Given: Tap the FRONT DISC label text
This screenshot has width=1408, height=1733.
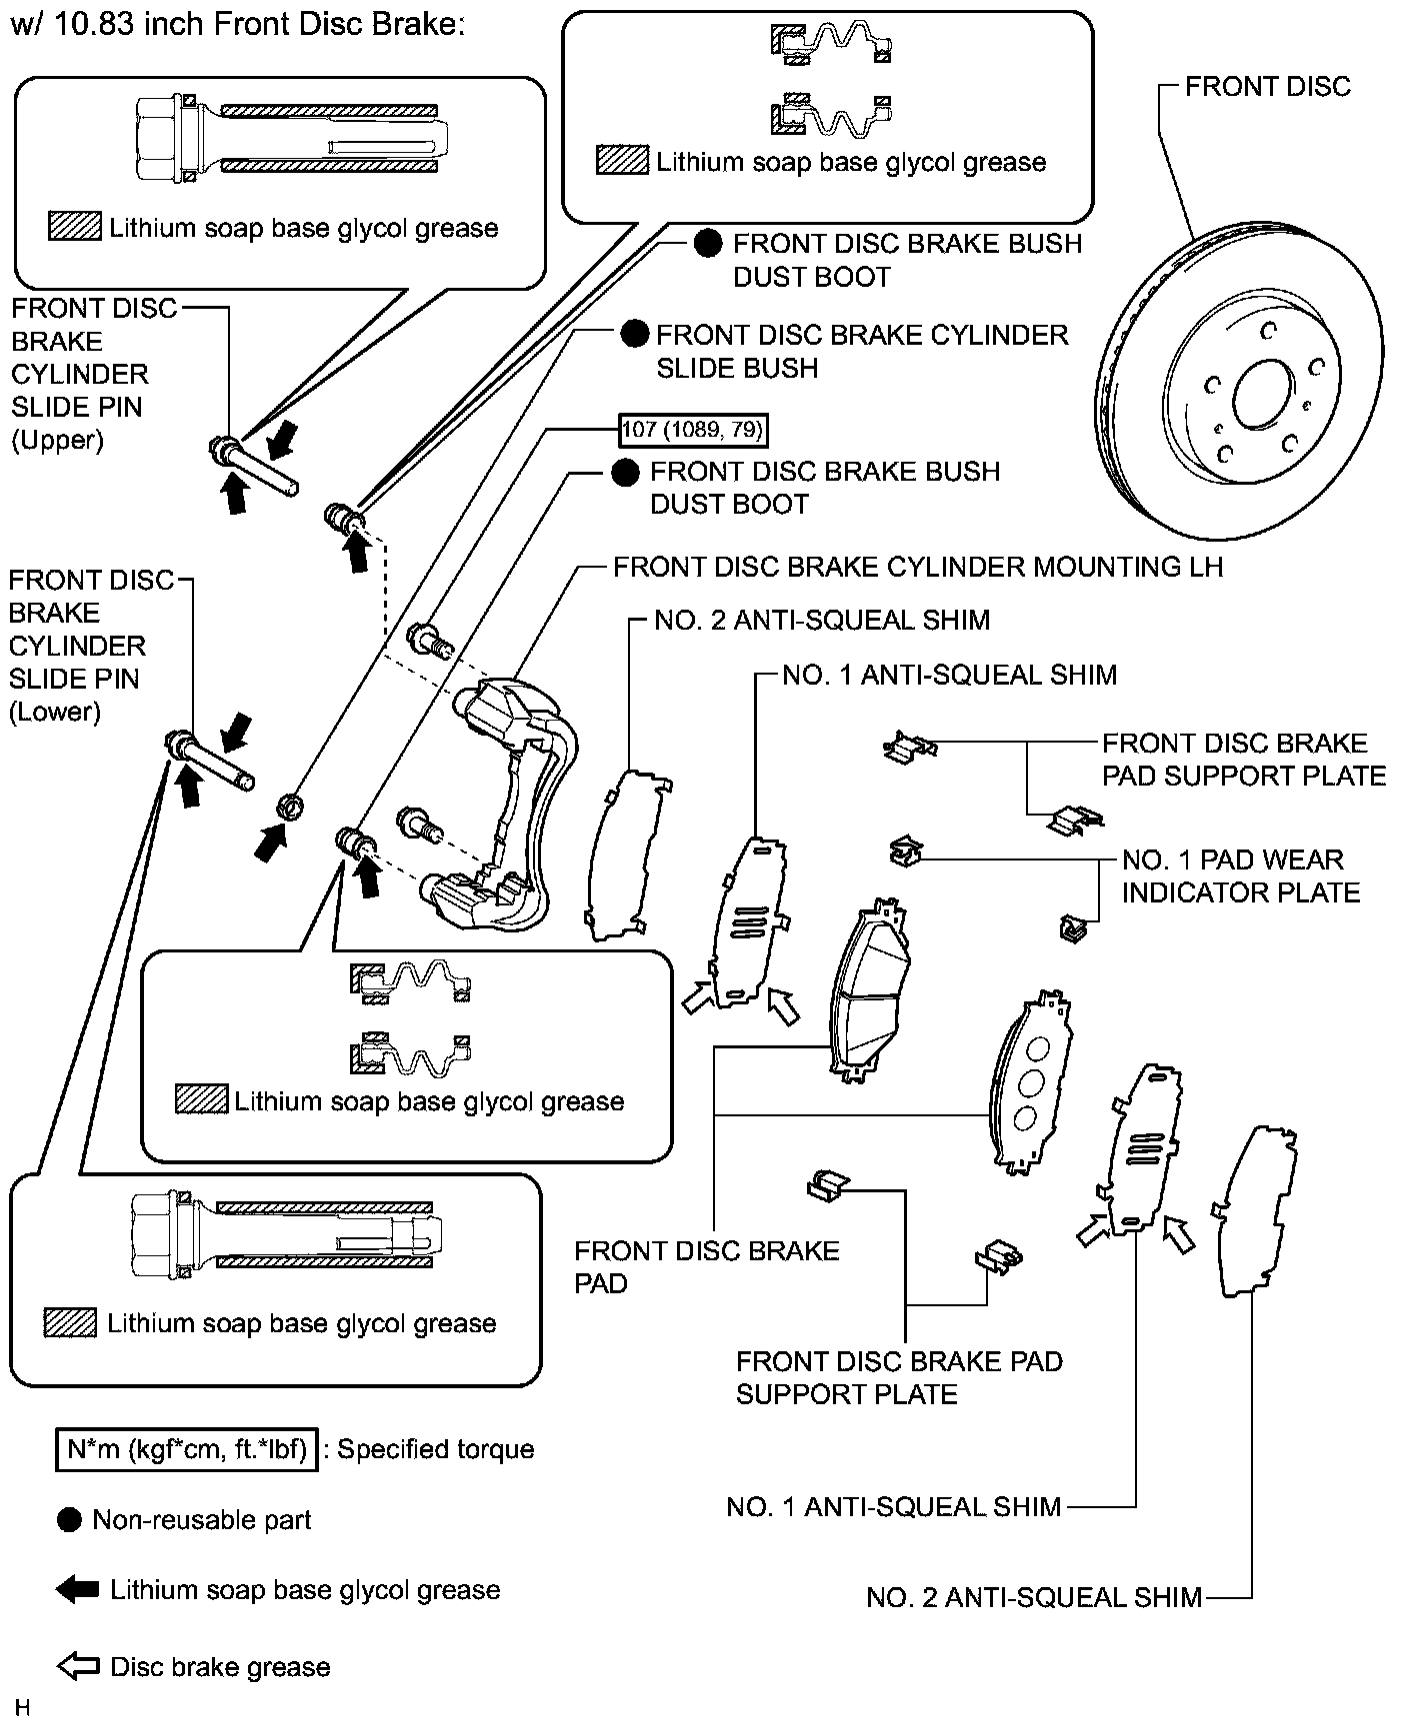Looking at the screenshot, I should click(1267, 87).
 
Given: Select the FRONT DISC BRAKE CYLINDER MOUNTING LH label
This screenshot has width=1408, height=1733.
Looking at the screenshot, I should click(917, 567).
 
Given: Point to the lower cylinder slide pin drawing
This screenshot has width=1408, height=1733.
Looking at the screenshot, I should click(212, 761).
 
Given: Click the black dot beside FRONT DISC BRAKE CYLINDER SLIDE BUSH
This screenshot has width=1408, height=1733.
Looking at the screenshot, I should click(635, 335).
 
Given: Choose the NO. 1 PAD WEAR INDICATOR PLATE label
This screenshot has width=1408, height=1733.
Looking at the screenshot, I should click(1240, 875).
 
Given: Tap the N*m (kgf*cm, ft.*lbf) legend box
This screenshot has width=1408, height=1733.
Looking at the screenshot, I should click(186, 1448).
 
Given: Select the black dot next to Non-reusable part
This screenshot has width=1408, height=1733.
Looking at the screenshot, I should click(69, 1520).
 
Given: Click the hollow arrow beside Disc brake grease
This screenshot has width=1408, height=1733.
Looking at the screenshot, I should click(78, 1666).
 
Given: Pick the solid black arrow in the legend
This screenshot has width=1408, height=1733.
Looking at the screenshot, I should click(78, 1590).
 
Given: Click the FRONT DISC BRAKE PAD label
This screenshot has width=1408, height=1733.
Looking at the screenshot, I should click(706, 1266).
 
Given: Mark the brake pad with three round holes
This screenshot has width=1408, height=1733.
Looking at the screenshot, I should click(1029, 1083).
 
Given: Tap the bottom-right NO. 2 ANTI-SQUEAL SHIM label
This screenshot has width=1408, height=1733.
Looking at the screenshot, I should click(1033, 1597).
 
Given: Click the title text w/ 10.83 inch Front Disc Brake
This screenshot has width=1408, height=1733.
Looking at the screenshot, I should click(237, 23).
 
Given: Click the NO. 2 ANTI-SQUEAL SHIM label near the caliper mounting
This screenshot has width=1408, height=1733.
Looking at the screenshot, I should click(821, 620).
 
